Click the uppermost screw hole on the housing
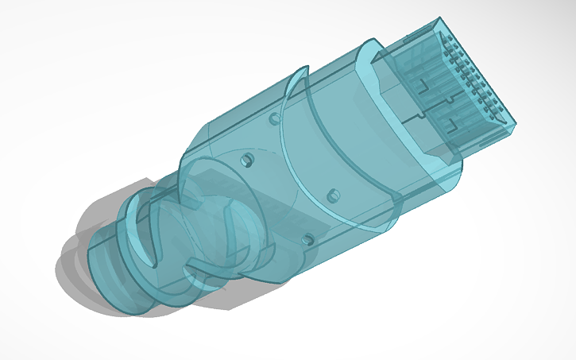(275, 119)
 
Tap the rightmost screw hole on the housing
(333, 194)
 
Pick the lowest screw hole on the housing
(307, 237)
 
